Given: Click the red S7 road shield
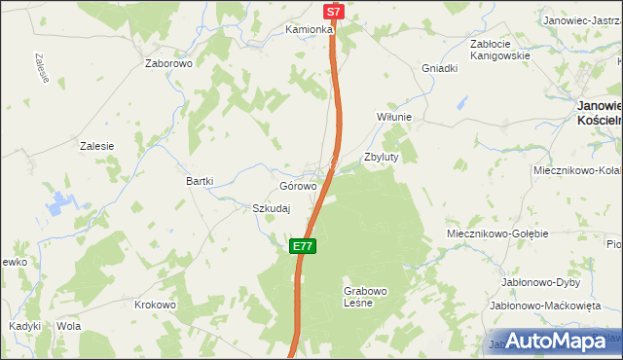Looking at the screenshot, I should [x=334, y=12].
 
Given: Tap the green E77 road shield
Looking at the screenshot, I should [x=302, y=246].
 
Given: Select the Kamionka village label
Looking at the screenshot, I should [x=310, y=30].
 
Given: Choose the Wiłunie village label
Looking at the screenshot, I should [x=394, y=117].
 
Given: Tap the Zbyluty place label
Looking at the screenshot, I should [x=381, y=157].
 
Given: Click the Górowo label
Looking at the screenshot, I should [x=298, y=186].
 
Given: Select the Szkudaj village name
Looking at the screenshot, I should [x=273, y=208].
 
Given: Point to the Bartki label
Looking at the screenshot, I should [x=200, y=181].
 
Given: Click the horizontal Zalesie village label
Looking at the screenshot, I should [x=96, y=146].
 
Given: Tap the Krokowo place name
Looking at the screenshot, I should [x=155, y=305].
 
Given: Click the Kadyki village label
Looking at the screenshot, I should [x=24, y=326].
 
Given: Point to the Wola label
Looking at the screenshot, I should [x=68, y=326].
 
